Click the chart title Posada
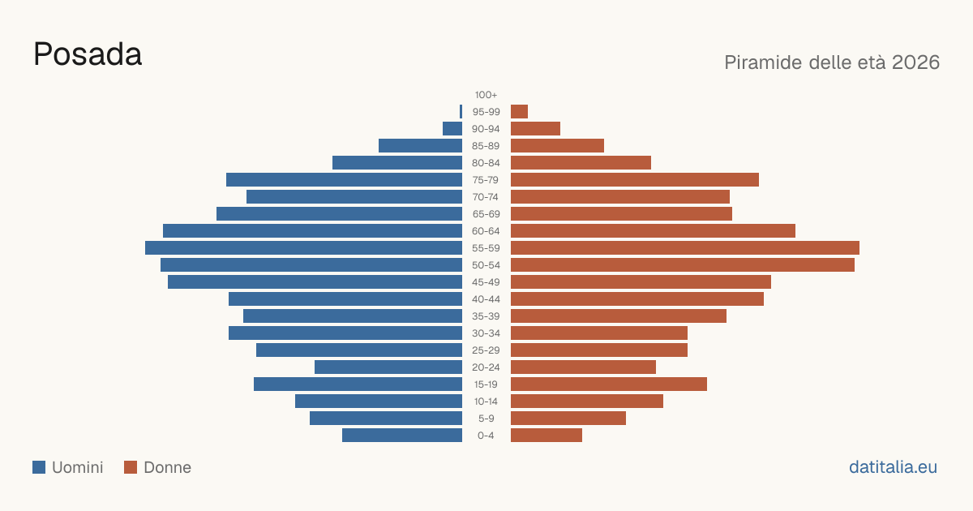click(x=88, y=54)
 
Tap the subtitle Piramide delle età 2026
click(x=832, y=62)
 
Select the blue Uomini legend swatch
click(x=39, y=467)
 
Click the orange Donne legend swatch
click(x=131, y=467)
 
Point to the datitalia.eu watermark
click(x=893, y=467)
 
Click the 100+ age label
click(x=486, y=95)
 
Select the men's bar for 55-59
click(x=303, y=247)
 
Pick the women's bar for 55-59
click(x=685, y=247)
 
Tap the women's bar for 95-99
click(x=519, y=112)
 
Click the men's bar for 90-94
click(x=452, y=129)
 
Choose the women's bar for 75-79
click(x=635, y=179)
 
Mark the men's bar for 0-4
click(x=402, y=435)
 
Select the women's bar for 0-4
click(x=547, y=435)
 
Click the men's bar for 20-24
click(x=388, y=367)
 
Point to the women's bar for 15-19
click(x=609, y=384)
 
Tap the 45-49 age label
click(x=486, y=282)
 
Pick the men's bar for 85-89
click(x=421, y=145)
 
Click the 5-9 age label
click(x=486, y=418)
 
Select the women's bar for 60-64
click(x=653, y=230)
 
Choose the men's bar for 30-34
click(x=345, y=333)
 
